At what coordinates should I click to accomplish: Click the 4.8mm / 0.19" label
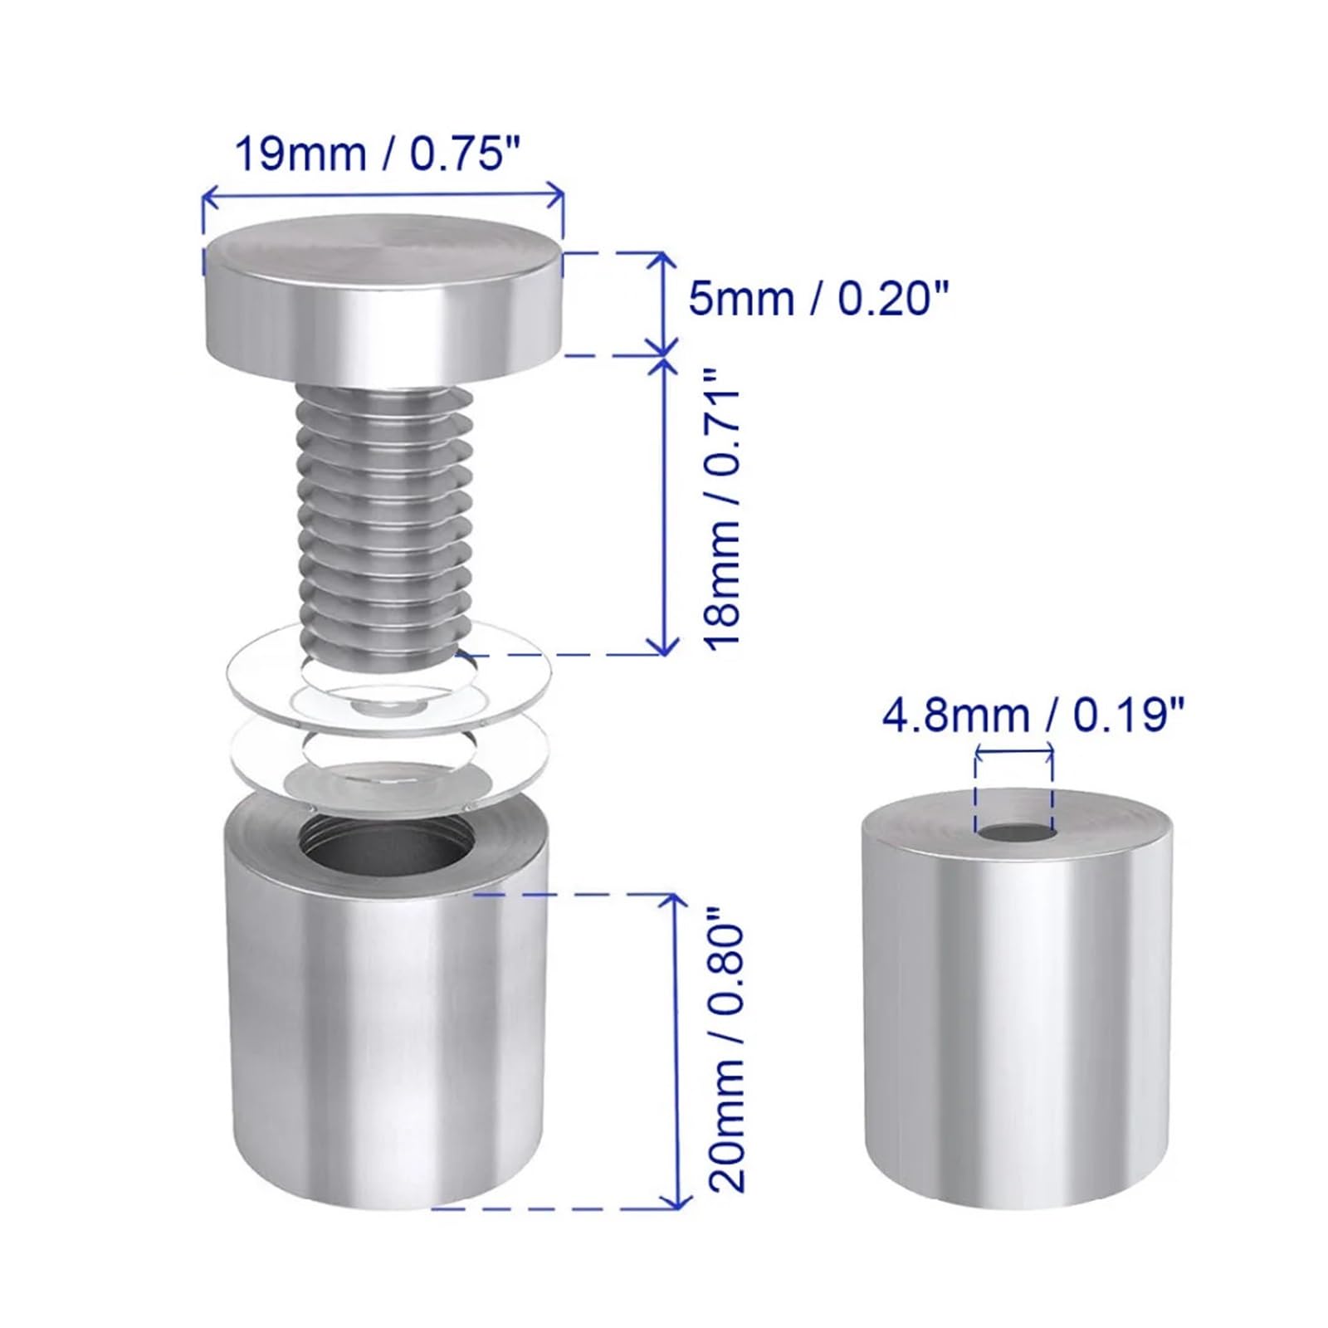click(x=1033, y=715)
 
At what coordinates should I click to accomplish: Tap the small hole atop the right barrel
click(x=1014, y=832)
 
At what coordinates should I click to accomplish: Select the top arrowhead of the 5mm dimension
click(x=662, y=259)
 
